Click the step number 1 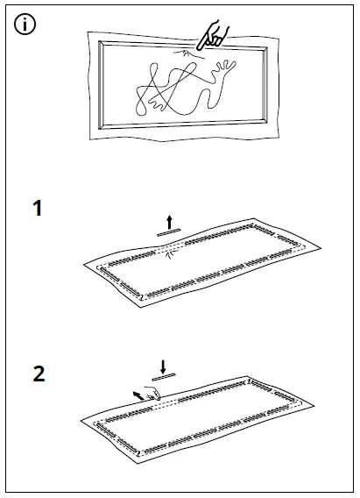point(37,210)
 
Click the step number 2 point(39,374)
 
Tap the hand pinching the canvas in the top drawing point(210,36)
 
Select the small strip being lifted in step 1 point(167,232)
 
